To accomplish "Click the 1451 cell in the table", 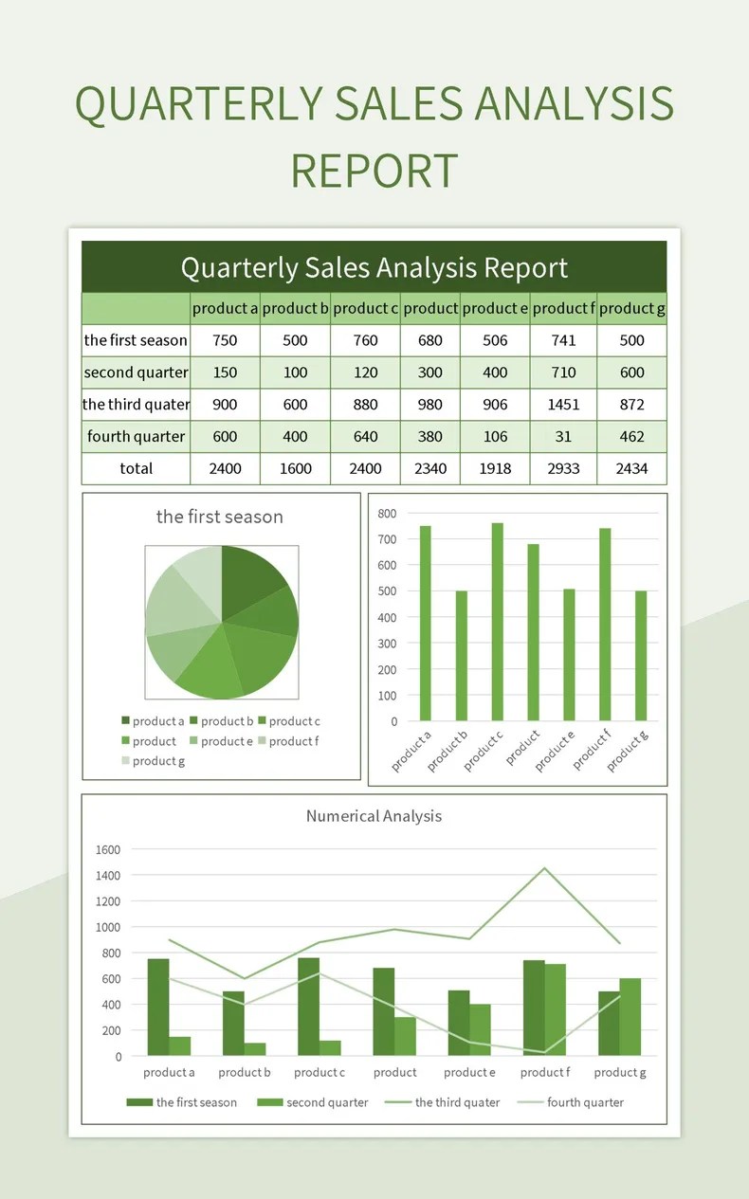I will point(563,405).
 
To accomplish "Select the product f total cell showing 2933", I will point(563,468).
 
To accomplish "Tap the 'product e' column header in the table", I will point(495,308).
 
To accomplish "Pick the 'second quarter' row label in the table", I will point(136,372).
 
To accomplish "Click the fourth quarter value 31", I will point(563,437).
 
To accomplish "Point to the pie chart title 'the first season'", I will point(220,517).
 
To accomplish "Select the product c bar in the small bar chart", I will point(497,622).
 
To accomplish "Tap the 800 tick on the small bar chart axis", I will point(387,514).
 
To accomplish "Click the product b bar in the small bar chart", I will point(461,655).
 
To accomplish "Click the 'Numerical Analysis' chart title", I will point(374,816).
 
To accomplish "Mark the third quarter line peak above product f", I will point(544,868).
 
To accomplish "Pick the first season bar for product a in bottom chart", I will point(157,1007).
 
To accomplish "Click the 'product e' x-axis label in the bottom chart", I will point(470,1073).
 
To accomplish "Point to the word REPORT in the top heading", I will point(374,172).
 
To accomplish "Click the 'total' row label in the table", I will point(136,468).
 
